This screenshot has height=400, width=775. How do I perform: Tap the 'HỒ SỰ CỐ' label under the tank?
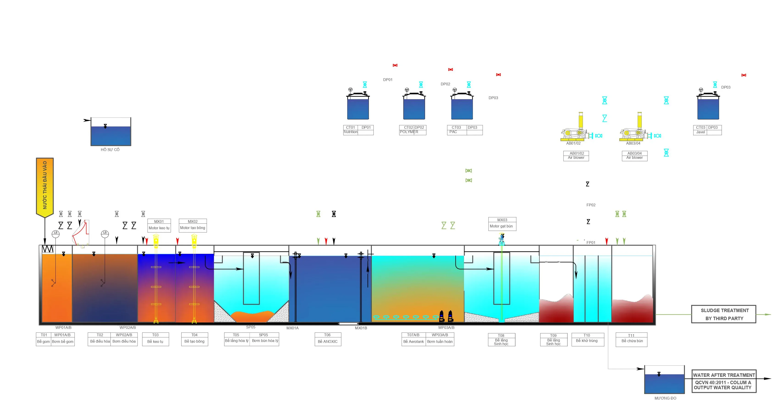(x=110, y=150)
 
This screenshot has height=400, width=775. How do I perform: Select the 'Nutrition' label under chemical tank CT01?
(x=350, y=132)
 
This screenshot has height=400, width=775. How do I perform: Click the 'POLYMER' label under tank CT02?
(x=409, y=132)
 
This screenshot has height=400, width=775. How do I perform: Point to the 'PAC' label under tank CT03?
(x=453, y=132)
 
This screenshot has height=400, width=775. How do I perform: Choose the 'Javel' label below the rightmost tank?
(x=701, y=132)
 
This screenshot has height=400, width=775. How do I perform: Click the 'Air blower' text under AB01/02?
(x=576, y=157)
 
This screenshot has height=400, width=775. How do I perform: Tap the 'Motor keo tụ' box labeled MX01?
(x=159, y=225)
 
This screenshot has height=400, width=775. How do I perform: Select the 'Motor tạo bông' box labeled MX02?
(x=193, y=225)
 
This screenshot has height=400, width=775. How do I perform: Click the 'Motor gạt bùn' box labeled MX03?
(x=502, y=224)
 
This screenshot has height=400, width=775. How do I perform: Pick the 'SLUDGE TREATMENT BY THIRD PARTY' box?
(x=724, y=314)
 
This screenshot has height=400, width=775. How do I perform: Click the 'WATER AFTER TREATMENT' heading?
(x=724, y=375)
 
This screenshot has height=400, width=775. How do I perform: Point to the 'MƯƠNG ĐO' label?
(x=665, y=398)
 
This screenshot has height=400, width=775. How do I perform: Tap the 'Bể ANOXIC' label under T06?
(x=328, y=341)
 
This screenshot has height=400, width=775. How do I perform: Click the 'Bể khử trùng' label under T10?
(x=587, y=341)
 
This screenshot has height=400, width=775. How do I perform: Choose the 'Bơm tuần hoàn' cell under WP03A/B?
(x=440, y=341)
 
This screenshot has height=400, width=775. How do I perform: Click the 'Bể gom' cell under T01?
(x=44, y=341)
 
